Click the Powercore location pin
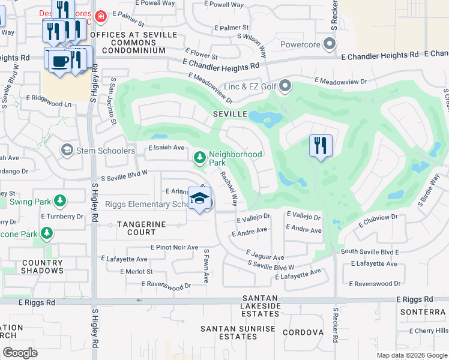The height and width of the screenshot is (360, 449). coord(328,44)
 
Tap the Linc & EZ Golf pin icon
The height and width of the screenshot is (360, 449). coord(285,88)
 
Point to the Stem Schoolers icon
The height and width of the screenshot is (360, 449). coord(67,150)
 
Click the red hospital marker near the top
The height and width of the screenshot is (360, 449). coord(100,16)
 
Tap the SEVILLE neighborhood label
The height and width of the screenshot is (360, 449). coord(230,113)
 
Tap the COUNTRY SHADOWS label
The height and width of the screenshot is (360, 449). coord(42,267)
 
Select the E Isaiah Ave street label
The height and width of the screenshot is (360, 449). coord(166,148)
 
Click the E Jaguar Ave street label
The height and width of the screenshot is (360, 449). coord(265,256)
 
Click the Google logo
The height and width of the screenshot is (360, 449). coord(20,352)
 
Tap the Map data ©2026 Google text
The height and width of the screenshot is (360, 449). coord(411,355)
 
